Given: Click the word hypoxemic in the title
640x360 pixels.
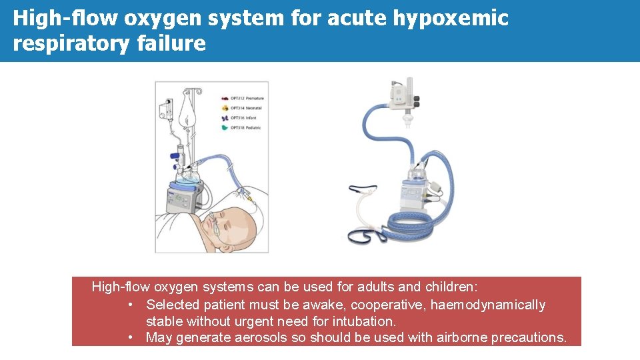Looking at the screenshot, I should [x=450, y=19].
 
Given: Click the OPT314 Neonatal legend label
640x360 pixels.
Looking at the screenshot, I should [x=246, y=107].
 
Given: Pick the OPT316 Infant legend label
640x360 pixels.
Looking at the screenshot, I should [x=243, y=117].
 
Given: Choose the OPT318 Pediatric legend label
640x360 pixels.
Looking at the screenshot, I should [x=246, y=127].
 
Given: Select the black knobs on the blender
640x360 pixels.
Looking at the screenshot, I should [x=416, y=101].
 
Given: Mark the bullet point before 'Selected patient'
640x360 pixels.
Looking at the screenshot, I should [x=132, y=305].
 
